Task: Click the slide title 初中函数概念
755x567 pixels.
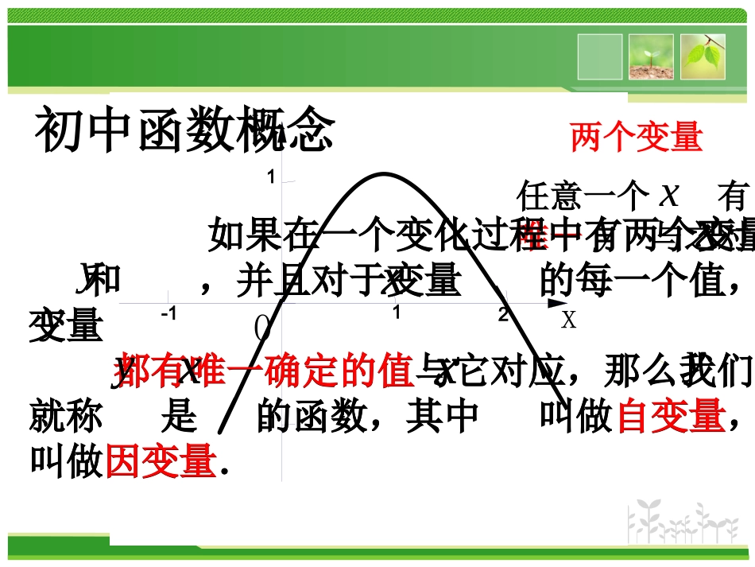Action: (184, 131)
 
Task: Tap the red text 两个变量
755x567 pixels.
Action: (637, 138)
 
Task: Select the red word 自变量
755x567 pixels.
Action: (670, 416)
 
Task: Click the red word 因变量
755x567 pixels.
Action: (161, 460)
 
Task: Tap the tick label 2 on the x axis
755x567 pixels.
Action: (503, 314)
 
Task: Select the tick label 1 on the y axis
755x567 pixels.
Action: (271, 177)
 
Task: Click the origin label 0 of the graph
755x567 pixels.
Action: (263, 327)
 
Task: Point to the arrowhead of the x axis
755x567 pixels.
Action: (554, 303)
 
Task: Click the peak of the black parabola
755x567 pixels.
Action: (385, 173)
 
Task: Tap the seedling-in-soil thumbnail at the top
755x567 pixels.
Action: (651, 56)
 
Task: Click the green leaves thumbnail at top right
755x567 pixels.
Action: (703, 56)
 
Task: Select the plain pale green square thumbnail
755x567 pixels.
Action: (599, 56)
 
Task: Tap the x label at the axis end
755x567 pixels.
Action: (567, 320)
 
